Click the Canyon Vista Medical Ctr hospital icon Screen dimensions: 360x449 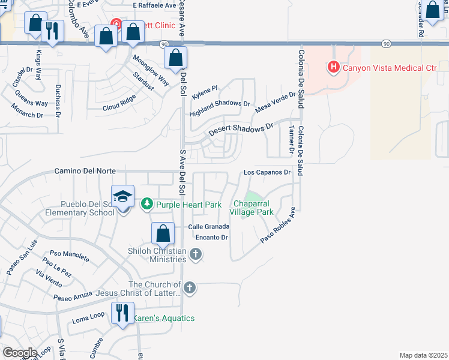pyautogui.click(x=334, y=68)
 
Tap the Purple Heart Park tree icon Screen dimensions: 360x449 pyautogui.click(x=146, y=205)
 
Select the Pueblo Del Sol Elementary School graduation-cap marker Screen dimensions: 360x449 pyautogui.click(x=122, y=197)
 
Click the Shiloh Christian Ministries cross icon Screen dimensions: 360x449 pyautogui.click(x=194, y=255)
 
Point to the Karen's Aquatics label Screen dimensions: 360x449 pyautogui.click(x=163, y=318)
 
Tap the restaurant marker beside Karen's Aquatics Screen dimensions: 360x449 pyautogui.click(x=122, y=313)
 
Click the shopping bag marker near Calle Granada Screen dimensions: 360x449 pyautogui.click(x=163, y=233)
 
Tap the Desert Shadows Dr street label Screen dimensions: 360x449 pyautogui.click(x=240, y=129)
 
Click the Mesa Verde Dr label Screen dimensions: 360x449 pyautogui.click(x=276, y=102)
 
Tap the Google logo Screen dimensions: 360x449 pyautogui.click(x=19, y=353)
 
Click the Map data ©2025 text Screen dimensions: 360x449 pyautogui.click(x=423, y=355)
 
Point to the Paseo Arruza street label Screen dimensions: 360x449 pyautogui.click(x=73, y=296)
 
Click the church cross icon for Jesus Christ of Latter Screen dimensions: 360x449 pyautogui.click(x=189, y=288)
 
